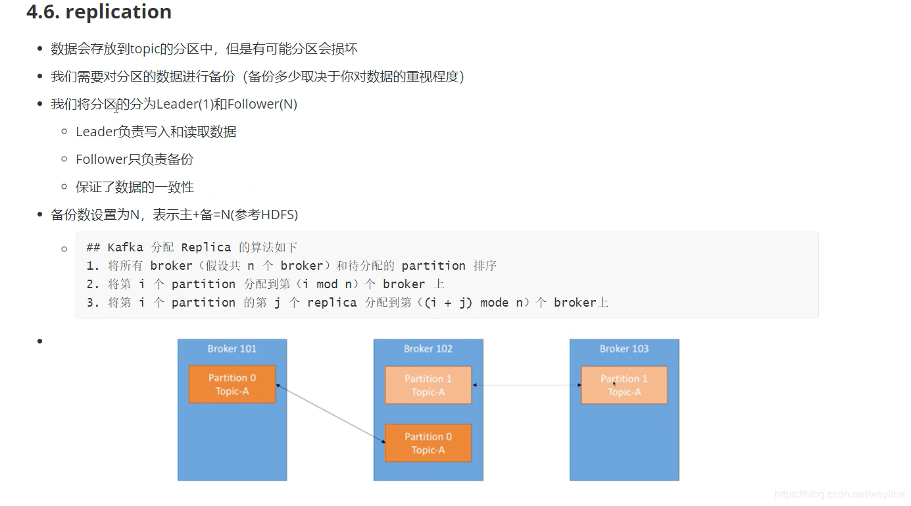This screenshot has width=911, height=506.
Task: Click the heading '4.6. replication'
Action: tap(99, 12)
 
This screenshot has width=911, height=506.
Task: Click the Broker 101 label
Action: tap(232, 349)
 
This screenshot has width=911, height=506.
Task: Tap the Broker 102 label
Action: tap(428, 349)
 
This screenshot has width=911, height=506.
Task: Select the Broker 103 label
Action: tap(624, 349)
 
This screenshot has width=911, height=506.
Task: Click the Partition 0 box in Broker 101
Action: tap(232, 384)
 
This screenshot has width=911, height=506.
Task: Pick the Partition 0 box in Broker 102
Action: tap(428, 443)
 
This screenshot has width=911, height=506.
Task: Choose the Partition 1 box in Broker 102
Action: tap(428, 385)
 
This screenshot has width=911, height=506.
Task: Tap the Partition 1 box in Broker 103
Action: tap(624, 385)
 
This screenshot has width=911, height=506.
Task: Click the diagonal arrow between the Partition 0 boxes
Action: tap(330, 414)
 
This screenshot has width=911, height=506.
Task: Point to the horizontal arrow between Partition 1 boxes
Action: tap(526, 385)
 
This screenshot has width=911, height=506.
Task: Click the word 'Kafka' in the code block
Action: tap(125, 247)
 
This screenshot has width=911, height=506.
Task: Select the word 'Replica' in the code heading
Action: tap(206, 247)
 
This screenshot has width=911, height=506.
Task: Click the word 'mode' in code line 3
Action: tap(494, 303)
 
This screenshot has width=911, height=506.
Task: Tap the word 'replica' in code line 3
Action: tap(332, 303)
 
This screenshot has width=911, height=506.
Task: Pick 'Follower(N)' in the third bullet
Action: tap(262, 104)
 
